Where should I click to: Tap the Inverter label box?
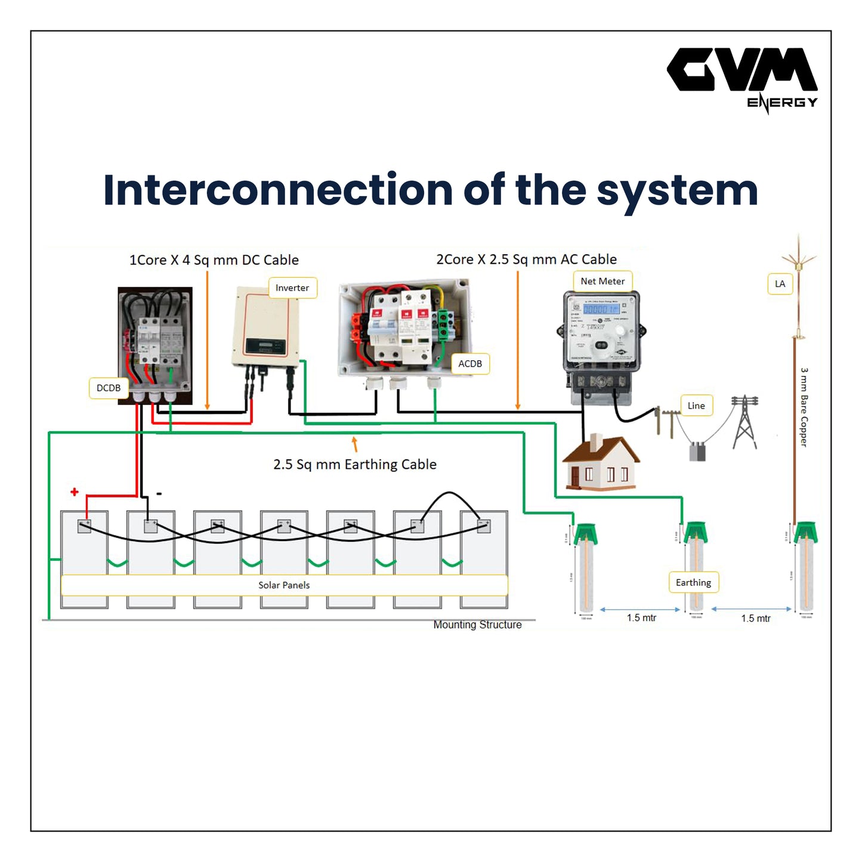(x=292, y=288)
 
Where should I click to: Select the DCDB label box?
(x=109, y=388)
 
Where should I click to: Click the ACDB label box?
(x=470, y=363)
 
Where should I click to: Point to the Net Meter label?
(x=603, y=281)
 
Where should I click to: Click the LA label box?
(x=780, y=284)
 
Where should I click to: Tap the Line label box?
(x=696, y=406)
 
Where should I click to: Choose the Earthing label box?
(x=693, y=582)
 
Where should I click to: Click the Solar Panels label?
(x=284, y=585)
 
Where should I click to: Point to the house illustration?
(x=601, y=464)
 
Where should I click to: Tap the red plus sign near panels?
(x=75, y=492)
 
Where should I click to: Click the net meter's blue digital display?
(x=601, y=310)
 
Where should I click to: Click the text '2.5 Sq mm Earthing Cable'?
(x=355, y=464)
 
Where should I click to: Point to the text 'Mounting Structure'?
(x=477, y=625)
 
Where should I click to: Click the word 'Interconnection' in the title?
(x=278, y=190)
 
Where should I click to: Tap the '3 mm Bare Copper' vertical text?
(x=804, y=407)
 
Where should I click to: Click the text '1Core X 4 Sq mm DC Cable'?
(x=214, y=260)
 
